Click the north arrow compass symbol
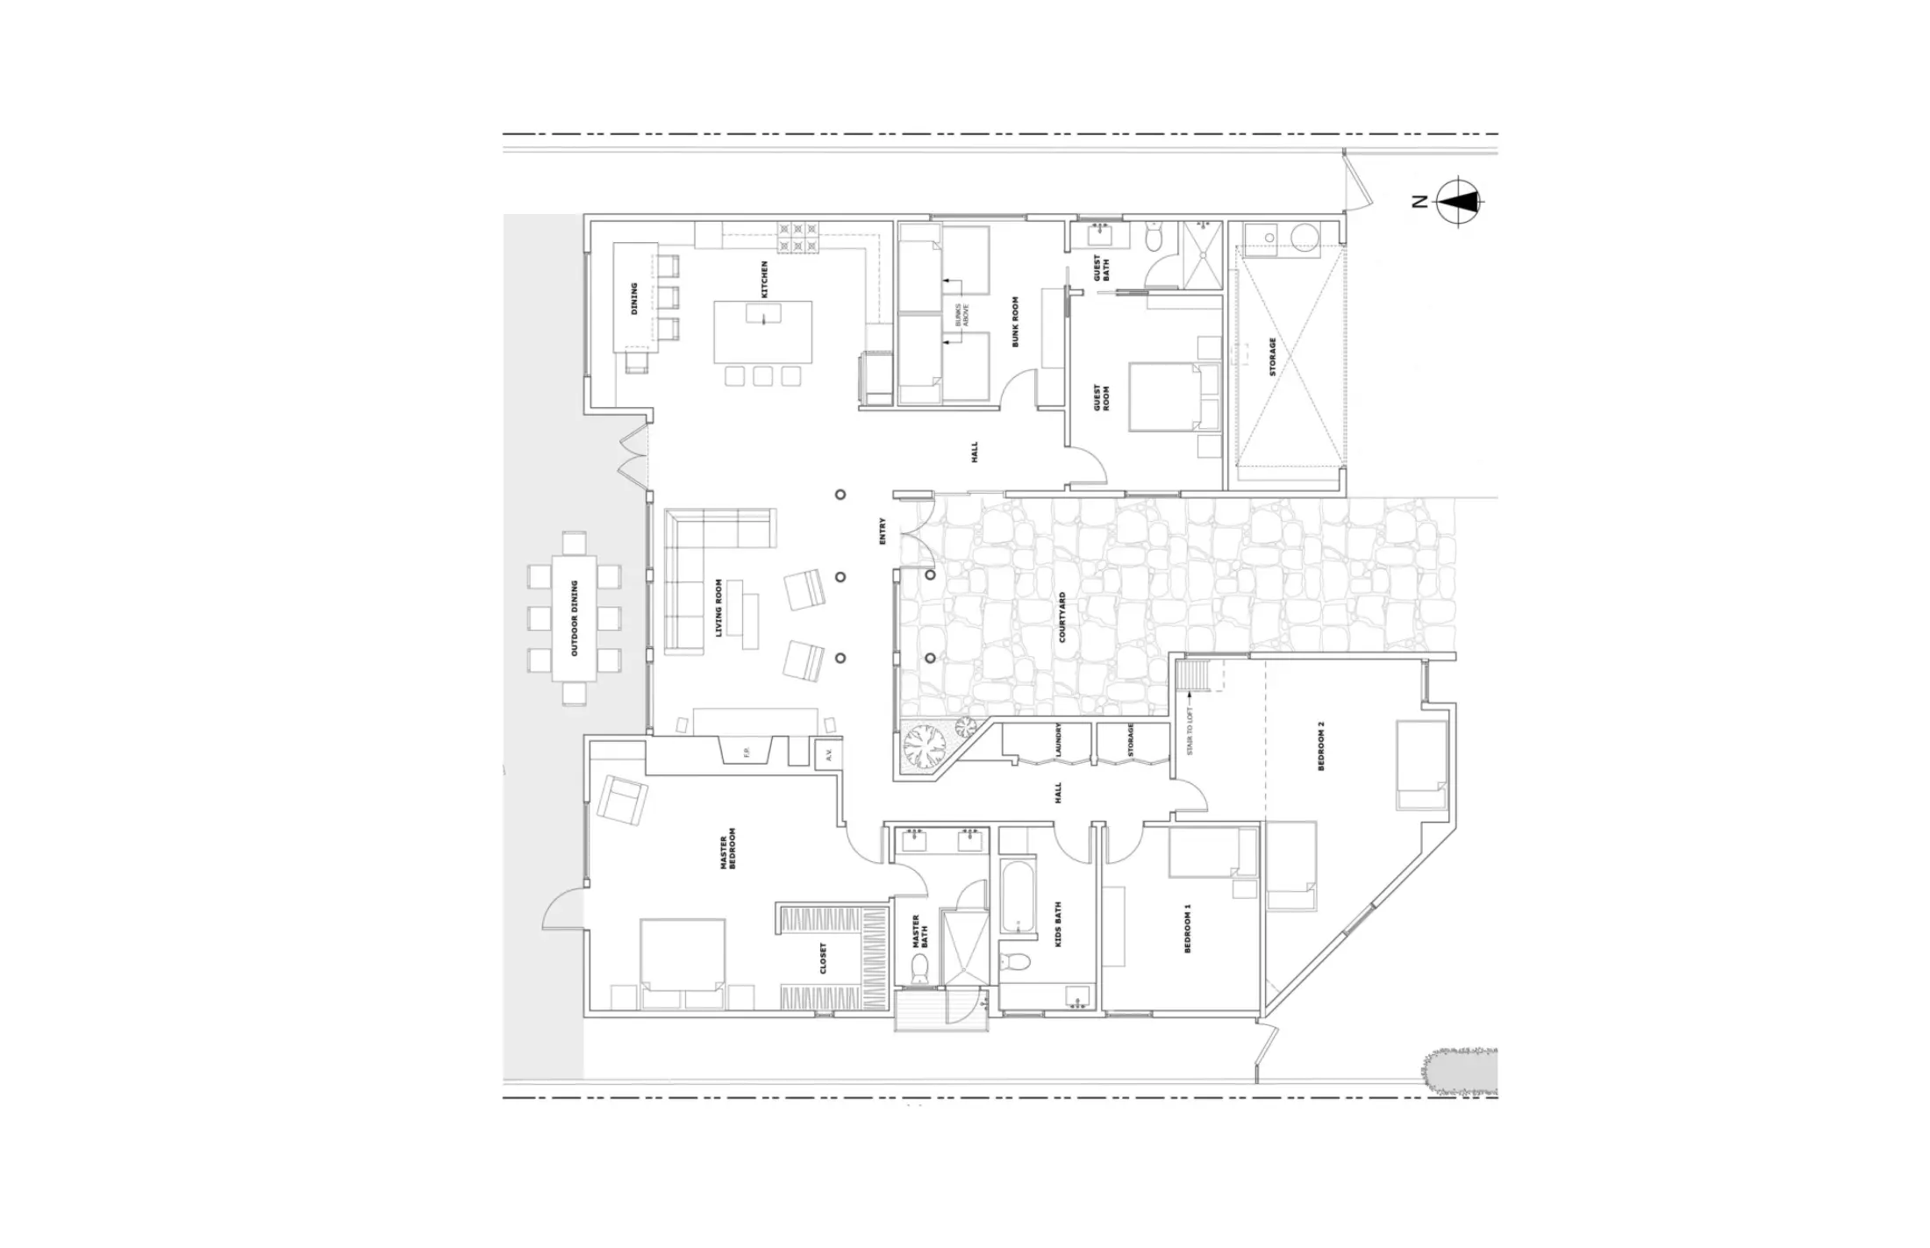1457,202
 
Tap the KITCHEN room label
764,278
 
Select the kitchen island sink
763,313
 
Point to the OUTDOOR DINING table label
575,617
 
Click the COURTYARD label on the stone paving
1062,617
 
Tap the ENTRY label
883,531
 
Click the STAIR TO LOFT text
1190,732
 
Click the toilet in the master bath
919,967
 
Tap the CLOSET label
823,959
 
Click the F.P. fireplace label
747,752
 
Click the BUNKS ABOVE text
962,315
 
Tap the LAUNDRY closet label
1059,740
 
